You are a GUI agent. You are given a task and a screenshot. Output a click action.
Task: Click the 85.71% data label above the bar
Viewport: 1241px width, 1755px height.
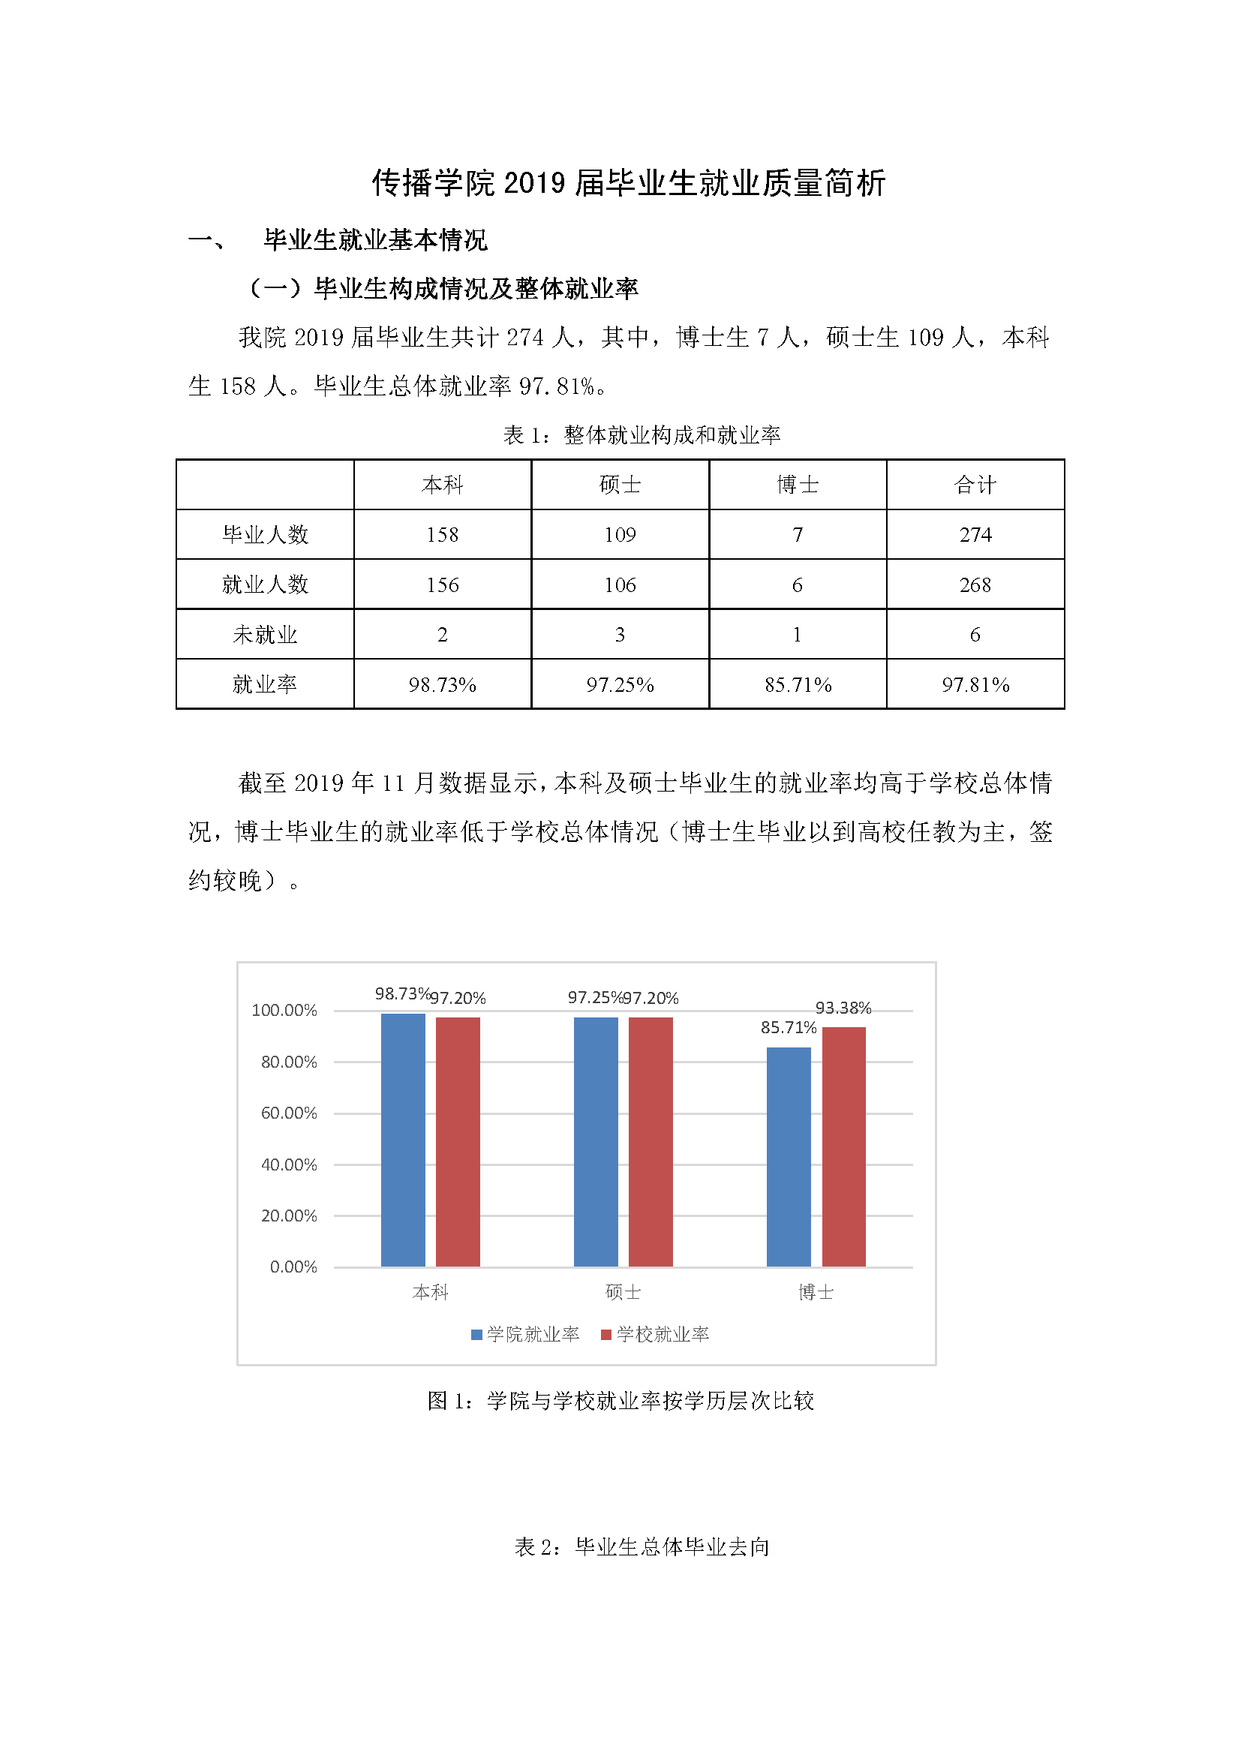point(788,1027)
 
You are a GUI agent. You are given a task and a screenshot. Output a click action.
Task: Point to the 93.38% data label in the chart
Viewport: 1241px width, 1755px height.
point(843,1008)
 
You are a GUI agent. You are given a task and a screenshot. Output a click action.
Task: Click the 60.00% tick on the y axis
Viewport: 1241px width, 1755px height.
point(289,1113)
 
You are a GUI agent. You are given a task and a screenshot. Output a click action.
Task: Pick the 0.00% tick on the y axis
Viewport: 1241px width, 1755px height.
point(293,1267)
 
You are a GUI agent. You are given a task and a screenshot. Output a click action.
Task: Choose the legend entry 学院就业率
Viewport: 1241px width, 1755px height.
point(525,1334)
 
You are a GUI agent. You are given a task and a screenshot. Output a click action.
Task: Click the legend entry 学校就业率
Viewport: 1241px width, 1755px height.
point(655,1334)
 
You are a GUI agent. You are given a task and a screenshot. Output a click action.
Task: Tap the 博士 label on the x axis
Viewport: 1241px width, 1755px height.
point(816,1292)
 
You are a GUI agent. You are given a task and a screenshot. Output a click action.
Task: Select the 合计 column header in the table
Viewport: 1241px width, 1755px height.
point(975,485)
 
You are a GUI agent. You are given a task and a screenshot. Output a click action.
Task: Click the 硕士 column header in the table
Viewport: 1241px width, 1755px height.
point(620,485)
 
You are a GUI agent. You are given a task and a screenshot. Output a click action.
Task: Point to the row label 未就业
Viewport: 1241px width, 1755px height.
point(264,635)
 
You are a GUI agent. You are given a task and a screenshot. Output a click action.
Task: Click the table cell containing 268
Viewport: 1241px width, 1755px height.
point(975,584)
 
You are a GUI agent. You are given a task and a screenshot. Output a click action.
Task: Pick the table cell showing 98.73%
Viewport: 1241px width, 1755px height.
point(443,685)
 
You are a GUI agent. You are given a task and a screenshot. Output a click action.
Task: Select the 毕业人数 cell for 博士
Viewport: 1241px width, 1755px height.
point(797,534)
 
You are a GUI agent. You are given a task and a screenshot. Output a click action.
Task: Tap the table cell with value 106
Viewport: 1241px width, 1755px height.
point(620,584)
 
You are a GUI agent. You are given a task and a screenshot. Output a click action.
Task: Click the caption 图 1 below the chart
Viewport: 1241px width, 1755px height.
point(620,1400)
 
